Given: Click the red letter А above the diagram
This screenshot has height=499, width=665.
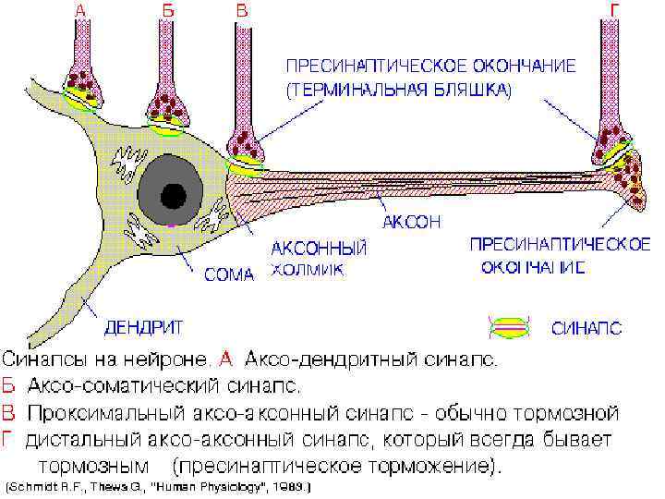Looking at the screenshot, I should [82, 11].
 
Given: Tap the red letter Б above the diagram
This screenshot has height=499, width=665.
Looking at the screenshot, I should [167, 11].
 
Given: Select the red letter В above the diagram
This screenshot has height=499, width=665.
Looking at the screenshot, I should [241, 11].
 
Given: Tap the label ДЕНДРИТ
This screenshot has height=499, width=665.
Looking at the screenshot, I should [142, 326].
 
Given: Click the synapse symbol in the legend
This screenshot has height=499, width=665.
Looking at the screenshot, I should [509, 326].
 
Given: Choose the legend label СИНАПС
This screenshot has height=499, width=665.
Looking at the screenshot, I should [585, 327].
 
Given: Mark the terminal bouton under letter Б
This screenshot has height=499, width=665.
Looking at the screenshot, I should [170, 111].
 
